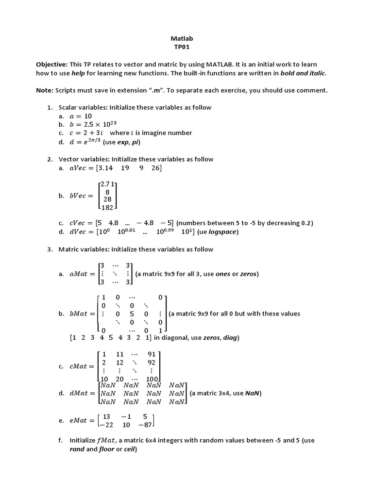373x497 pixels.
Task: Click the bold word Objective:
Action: tap(52, 65)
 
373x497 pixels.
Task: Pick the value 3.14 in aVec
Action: tap(106, 168)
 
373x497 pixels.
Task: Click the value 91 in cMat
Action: tap(152, 354)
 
